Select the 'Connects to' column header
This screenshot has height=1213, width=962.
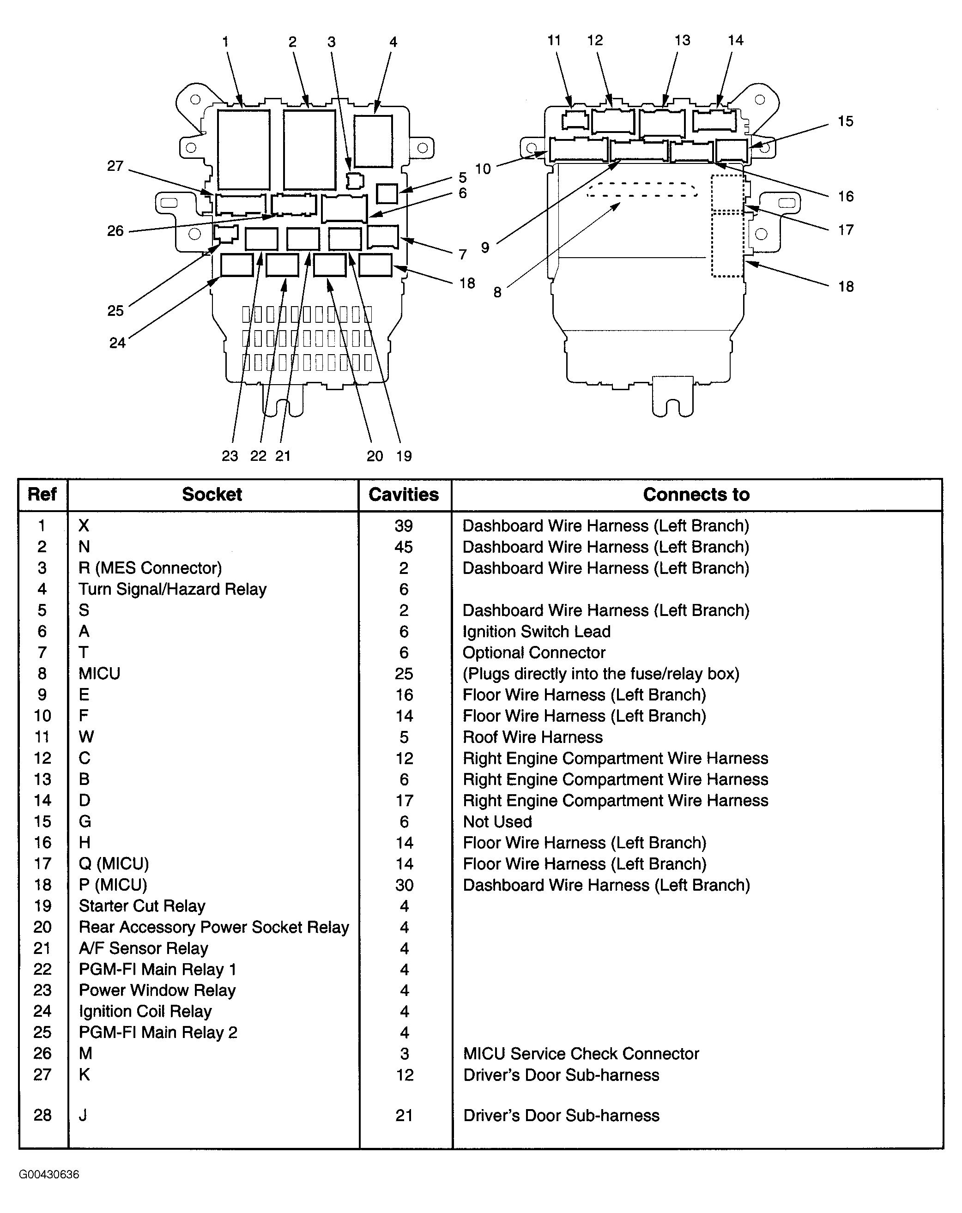click(696, 495)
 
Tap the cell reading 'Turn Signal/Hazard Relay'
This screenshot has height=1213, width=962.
click(172, 589)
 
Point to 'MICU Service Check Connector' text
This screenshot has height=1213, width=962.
click(581, 1054)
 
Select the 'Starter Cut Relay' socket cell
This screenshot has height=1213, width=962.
click(142, 906)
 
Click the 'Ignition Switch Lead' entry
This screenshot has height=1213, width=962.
click(536, 631)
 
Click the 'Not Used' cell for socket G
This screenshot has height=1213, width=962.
click(497, 821)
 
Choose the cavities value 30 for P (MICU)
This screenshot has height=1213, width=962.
click(404, 885)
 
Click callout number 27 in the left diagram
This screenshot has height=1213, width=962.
click(115, 166)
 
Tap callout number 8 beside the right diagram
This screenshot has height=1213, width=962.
click(497, 293)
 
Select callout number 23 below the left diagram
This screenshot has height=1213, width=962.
click(230, 456)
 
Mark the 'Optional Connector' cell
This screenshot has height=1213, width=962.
click(533, 652)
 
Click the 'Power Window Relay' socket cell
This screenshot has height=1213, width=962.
click(157, 990)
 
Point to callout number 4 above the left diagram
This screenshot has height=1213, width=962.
click(393, 42)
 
